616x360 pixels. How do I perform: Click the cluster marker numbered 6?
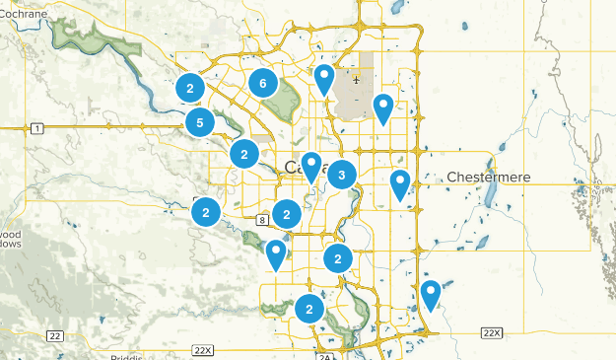point(262,84)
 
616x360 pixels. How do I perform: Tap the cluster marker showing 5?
point(200,123)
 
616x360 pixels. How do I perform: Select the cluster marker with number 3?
point(341,176)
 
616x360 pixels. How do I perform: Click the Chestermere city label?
point(489,177)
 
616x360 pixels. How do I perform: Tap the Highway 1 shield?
point(36,128)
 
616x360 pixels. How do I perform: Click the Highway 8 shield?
point(262,217)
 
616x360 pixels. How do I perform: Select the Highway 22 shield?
point(54,336)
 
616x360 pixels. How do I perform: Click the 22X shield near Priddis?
point(203,349)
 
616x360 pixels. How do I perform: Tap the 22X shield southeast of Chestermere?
point(491,334)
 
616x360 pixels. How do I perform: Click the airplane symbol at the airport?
point(356,80)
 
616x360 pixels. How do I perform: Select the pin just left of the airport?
point(323,77)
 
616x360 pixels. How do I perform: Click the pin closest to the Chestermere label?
point(399,182)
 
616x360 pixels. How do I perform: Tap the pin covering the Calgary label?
point(311,166)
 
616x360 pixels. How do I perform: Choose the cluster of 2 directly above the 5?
point(189,89)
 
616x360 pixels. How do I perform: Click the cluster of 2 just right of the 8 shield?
point(287,213)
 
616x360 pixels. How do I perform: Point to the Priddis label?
point(129,356)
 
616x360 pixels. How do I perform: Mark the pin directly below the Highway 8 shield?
point(276,253)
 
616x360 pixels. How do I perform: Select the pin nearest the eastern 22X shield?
point(430,294)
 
